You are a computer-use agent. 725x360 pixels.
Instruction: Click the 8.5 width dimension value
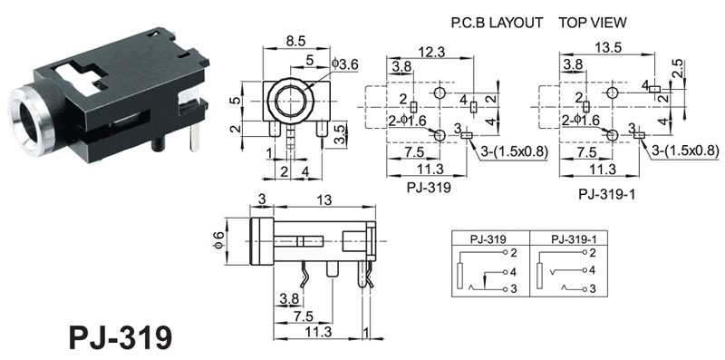(x=295, y=41)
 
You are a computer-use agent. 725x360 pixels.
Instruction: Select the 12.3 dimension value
(x=432, y=52)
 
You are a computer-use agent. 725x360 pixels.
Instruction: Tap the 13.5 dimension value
(x=607, y=48)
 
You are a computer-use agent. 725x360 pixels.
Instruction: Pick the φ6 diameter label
(x=218, y=240)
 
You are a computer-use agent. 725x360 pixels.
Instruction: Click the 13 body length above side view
(x=324, y=199)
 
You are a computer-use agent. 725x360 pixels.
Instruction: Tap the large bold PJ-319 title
(x=121, y=338)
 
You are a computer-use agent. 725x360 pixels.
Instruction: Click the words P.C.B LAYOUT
(x=497, y=23)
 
